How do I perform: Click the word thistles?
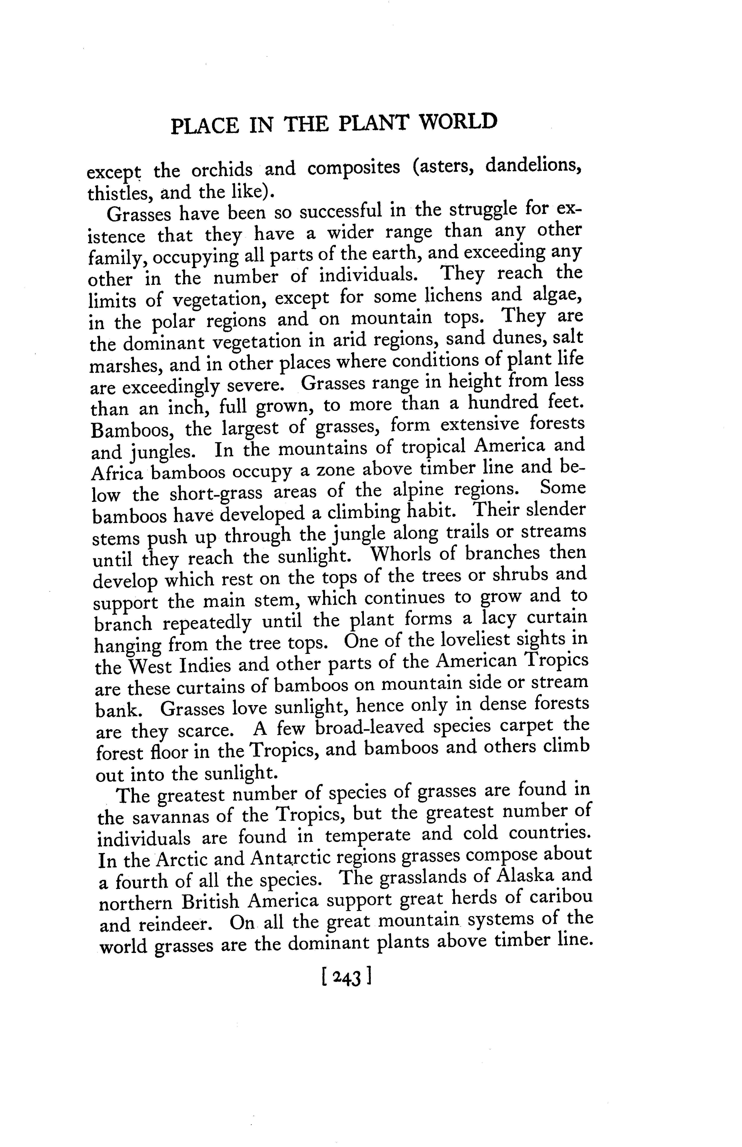click(x=118, y=194)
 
